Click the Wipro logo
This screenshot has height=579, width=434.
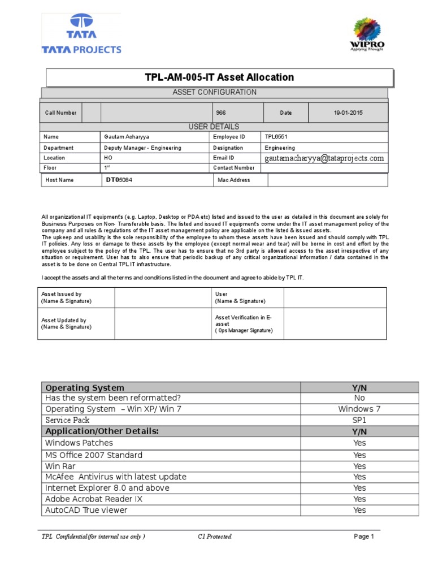click(x=367, y=35)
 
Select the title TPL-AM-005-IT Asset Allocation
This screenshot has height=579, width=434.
click(x=219, y=77)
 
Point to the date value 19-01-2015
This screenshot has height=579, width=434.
click(x=348, y=113)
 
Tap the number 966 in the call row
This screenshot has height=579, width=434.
click(x=221, y=113)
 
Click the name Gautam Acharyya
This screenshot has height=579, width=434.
click(x=128, y=137)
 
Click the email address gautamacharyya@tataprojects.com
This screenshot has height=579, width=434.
click(x=324, y=158)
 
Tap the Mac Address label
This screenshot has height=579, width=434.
click(x=234, y=180)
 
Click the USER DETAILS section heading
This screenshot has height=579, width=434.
click(x=214, y=127)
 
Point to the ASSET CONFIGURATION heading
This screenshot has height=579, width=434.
click(x=214, y=92)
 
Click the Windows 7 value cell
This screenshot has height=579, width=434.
click(x=359, y=409)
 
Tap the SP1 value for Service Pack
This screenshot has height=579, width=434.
click(x=359, y=420)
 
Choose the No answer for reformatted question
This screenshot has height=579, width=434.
click(x=359, y=398)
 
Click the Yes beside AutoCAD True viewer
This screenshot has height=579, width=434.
click(x=359, y=510)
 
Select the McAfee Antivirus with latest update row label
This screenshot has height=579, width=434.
click(x=116, y=477)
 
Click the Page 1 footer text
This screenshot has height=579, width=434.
click(x=364, y=537)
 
